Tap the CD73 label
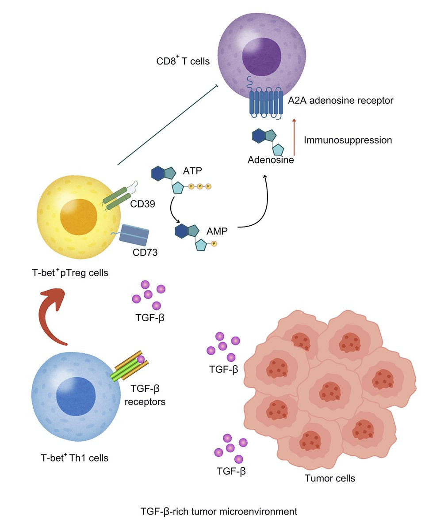point(145,253)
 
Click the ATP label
point(192,170)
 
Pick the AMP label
point(217,231)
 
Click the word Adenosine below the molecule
point(271,160)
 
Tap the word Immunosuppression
point(348,140)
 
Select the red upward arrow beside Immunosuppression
point(294,137)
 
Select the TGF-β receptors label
point(148,395)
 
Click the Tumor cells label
point(330,478)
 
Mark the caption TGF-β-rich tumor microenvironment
point(219,512)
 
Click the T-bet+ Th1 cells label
point(73,458)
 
